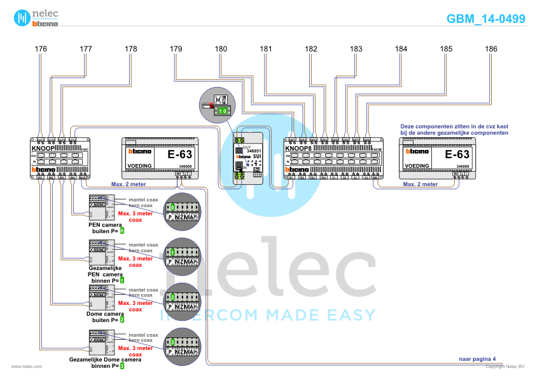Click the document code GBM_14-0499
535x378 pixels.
pyautogui.click(x=486, y=19)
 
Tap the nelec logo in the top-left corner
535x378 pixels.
pyautogui.click(x=36, y=18)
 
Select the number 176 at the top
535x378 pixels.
pyautogui.click(x=41, y=49)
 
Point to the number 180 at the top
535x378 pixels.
pyautogui.click(x=221, y=49)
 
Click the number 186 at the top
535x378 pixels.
pyautogui.click(x=491, y=49)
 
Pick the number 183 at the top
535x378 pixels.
pyautogui.click(x=356, y=49)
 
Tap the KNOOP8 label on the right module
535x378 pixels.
pyautogui.click(x=300, y=147)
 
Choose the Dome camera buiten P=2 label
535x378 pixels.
pyautogui.click(x=106, y=316)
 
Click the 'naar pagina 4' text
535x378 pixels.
pyautogui.click(x=477, y=359)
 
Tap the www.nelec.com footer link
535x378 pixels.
pyautogui.click(x=27, y=367)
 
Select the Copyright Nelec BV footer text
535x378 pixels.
pyautogui.click(x=505, y=367)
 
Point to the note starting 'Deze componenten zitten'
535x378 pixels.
pyautogui.click(x=454, y=130)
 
